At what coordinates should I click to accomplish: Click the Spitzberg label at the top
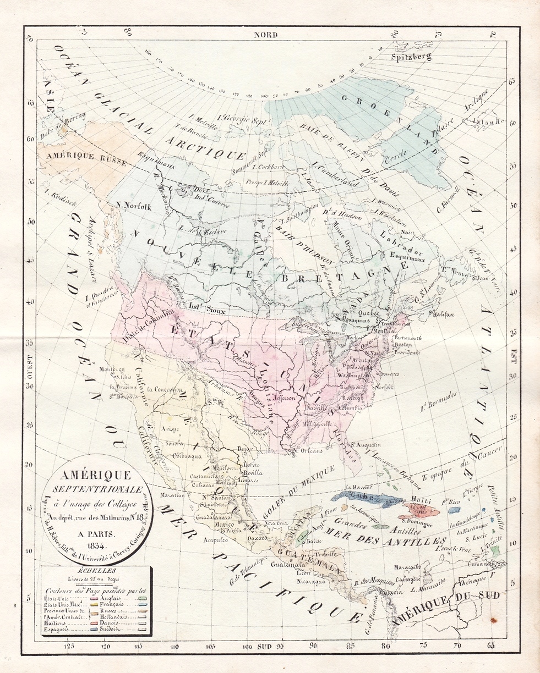[x=411, y=57]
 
